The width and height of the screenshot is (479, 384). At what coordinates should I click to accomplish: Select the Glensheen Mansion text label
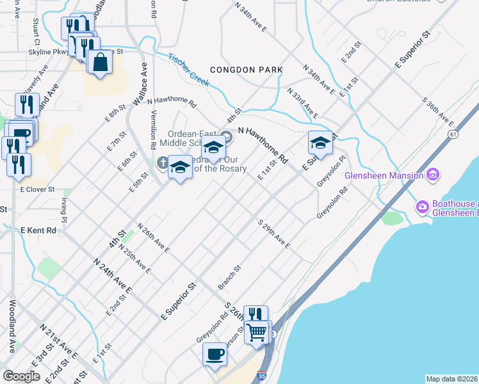[384, 175]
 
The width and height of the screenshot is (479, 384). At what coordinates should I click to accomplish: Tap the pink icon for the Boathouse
[422, 206]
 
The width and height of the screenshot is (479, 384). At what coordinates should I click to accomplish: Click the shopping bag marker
[100, 62]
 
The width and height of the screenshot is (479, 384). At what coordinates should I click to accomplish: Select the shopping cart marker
[257, 332]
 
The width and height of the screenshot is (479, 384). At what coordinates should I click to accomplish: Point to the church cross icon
[163, 163]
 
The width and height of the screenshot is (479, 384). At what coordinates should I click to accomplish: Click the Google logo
[21, 376]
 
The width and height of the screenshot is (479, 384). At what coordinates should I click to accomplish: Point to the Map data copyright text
[452, 379]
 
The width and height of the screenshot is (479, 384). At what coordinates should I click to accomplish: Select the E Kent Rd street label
[38, 230]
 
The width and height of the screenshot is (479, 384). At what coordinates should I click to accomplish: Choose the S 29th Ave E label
[274, 235]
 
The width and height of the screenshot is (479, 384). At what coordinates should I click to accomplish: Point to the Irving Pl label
[64, 207]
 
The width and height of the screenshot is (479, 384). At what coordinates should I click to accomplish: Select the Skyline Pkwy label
[48, 52]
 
